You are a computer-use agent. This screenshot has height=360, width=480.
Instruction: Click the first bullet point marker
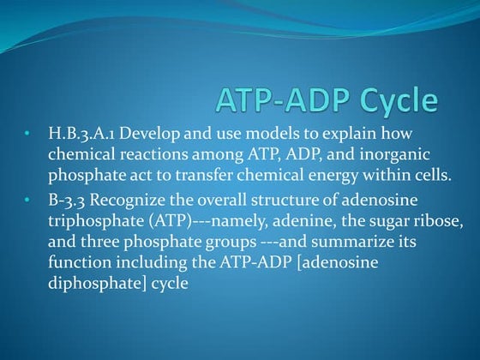point(27,135)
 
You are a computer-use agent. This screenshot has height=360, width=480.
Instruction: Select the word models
point(270,135)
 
